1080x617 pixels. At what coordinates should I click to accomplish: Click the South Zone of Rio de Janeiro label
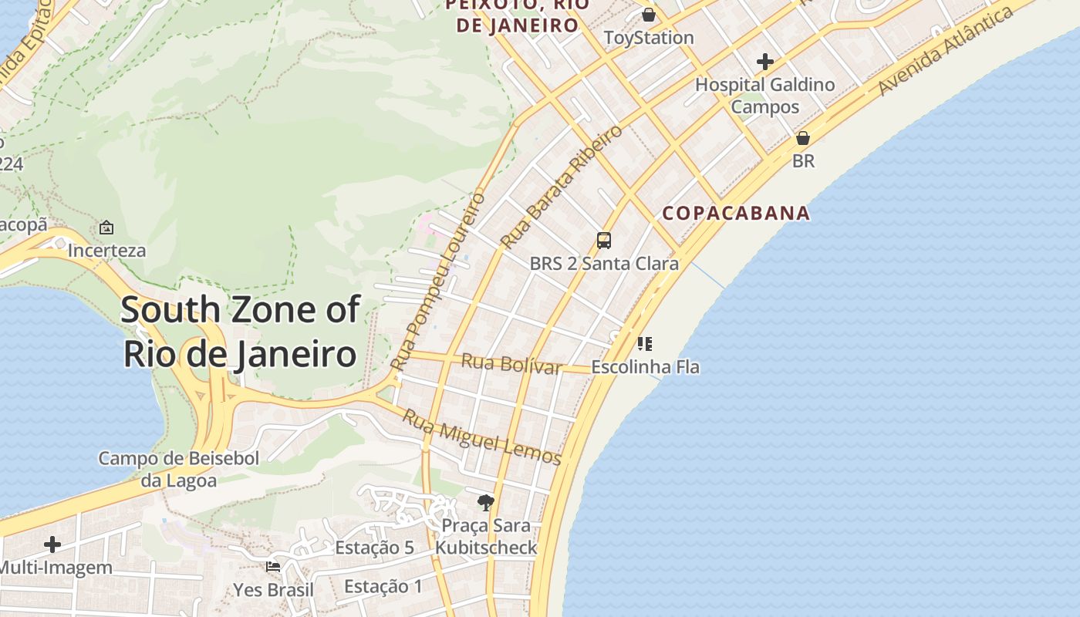click(x=240, y=332)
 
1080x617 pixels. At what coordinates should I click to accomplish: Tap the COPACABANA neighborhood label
click(x=736, y=213)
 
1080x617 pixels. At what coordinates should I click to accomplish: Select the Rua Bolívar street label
click(x=511, y=363)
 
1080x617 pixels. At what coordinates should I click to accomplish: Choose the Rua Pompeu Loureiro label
click(x=437, y=281)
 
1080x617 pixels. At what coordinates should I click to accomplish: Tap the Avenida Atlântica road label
click(x=945, y=52)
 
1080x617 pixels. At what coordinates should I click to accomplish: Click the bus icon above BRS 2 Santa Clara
click(x=604, y=241)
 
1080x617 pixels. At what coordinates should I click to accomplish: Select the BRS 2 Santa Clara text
click(x=604, y=264)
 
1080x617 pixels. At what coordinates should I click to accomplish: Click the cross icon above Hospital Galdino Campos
click(x=764, y=62)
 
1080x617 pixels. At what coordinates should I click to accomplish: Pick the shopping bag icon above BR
click(x=803, y=139)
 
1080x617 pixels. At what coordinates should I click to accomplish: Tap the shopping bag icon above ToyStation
click(x=649, y=15)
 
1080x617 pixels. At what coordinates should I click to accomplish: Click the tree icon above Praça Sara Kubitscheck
click(x=485, y=503)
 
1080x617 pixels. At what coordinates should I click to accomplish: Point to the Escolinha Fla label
click(x=645, y=367)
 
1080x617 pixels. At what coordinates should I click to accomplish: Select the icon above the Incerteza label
click(x=106, y=228)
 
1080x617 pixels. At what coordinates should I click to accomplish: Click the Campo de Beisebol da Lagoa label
click(x=178, y=469)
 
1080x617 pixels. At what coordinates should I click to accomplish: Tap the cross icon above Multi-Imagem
click(x=52, y=545)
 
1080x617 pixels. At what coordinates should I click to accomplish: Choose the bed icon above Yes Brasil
click(x=272, y=567)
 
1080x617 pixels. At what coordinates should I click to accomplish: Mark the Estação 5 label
click(x=374, y=548)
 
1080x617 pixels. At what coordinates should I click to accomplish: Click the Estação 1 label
click(x=383, y=586)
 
